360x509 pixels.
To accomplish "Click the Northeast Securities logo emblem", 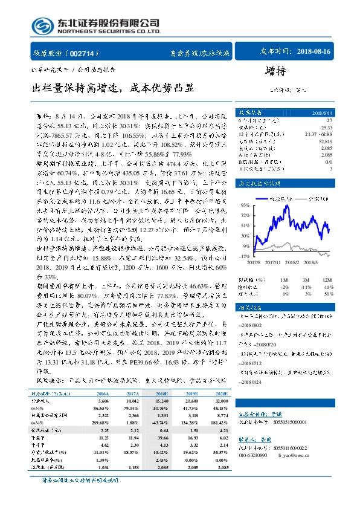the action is [x=40, y=26].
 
